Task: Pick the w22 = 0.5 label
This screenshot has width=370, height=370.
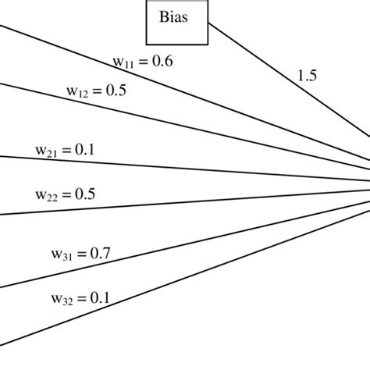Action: tap(66, 193)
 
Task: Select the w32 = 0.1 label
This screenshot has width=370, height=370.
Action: tap(80, 297)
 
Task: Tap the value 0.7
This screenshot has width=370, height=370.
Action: tap(101, 253)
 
